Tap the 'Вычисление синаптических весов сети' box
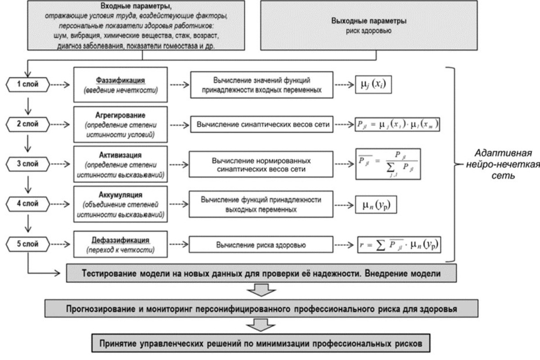pyautogui.click(x=262, y=125)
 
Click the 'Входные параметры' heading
pyautogui.click(x=143, y=6)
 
